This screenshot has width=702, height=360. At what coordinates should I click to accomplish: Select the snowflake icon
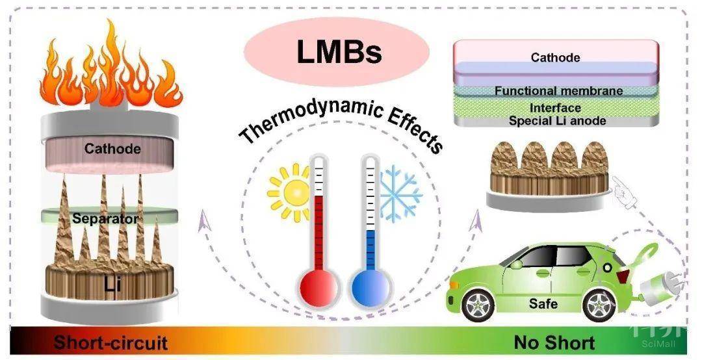click(400, 192)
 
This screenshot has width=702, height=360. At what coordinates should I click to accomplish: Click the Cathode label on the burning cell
click(112, 149)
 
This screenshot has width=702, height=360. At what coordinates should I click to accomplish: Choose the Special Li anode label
click(557, 120)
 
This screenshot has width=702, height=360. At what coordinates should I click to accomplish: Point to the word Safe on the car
click(543, 303)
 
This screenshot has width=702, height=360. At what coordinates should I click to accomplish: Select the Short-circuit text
click(110, 342)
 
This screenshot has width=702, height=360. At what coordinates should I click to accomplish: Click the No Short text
click(554, 342)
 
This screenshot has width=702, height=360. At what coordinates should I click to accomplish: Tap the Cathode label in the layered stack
click(555, 58)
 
